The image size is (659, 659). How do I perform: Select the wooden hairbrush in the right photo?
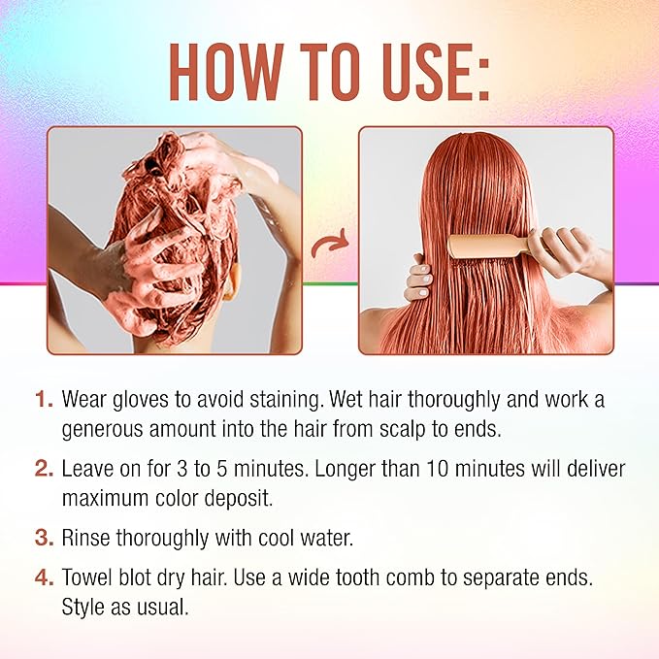pos(485,242)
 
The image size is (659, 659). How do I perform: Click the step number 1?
pos(43,399)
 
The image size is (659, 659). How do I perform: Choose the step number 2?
pos(43,469)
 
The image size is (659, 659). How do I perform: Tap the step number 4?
pos(43,579)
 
